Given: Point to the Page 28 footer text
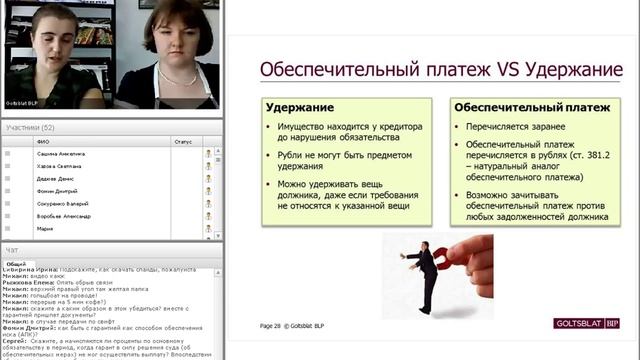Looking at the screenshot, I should tap(271, 326).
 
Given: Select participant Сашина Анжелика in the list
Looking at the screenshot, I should tap(61, 154).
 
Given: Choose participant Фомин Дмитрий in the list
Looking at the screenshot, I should tap(56, 191).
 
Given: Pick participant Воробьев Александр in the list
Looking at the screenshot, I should tap(63, 216).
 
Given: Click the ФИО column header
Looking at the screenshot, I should tap(43, 142).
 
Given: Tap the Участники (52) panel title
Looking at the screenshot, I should tap(30, 128).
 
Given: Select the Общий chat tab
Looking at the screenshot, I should tap(17, 263).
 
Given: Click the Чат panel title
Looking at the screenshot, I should tap(12, 249).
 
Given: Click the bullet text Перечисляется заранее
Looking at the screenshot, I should tap(515, 127).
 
